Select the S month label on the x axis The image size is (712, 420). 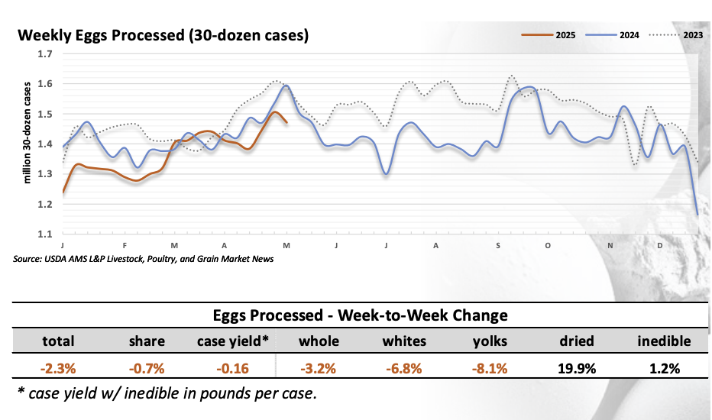(498, 245)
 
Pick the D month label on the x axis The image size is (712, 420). (660, 245)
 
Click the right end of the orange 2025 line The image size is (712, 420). (286, 121)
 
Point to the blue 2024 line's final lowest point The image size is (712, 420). (697, 215)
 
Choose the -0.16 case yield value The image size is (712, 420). (233, 368)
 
